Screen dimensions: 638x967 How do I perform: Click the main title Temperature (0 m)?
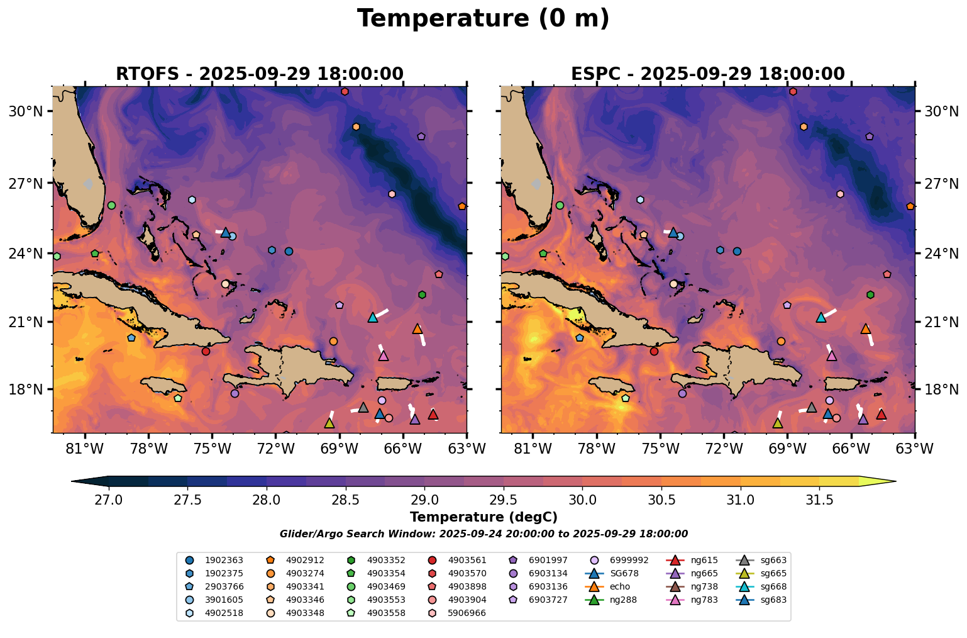pyautogui.click(x=483, y=19)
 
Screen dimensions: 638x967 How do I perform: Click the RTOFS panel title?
pyautogui.click(x=259, y=74)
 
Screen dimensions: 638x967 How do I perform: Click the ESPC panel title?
pyautogui.click(x=707, y=74)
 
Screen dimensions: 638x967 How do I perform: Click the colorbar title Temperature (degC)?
pyautogui.click(x=483, y=517)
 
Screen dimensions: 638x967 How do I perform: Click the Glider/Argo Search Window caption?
pyautogui.click(x=483, y=534)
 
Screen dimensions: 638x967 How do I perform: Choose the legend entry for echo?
pyautogui.click(x=619, y=586)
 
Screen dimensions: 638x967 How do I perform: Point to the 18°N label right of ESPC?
pyautogui.click(x=941, y=389)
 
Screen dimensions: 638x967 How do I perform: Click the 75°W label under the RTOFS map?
pyautogui.click(x=212, y=449)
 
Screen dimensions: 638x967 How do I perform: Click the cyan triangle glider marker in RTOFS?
pyautogui.click(x=372, y=317)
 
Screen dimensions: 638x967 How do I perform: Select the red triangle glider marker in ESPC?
pyautogui.click(x=881, y=414)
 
